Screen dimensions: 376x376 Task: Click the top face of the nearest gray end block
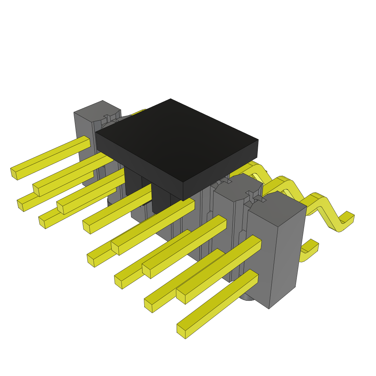click(x=277, y=209)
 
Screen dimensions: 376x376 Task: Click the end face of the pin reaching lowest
click(x=181, y=331)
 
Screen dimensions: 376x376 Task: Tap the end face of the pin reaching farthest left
click(x=14, y=173)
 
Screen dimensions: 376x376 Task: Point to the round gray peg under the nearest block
click(x=247, y=297)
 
